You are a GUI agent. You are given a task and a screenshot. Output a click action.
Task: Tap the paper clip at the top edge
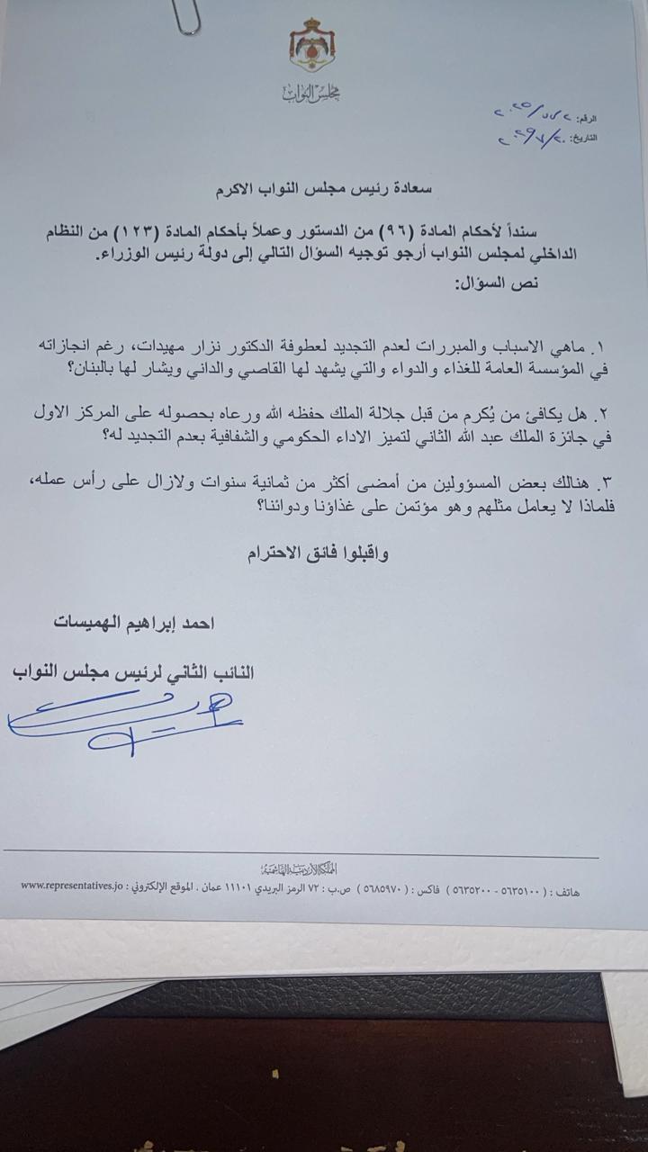point(188,17)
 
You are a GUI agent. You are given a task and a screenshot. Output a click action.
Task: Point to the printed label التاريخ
point(584,139)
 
